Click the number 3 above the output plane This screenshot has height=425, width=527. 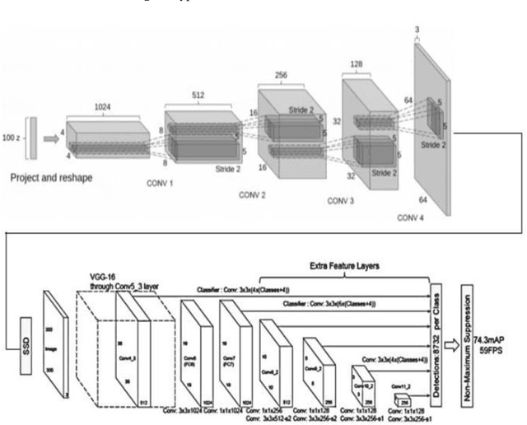click(x=417, y=28)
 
